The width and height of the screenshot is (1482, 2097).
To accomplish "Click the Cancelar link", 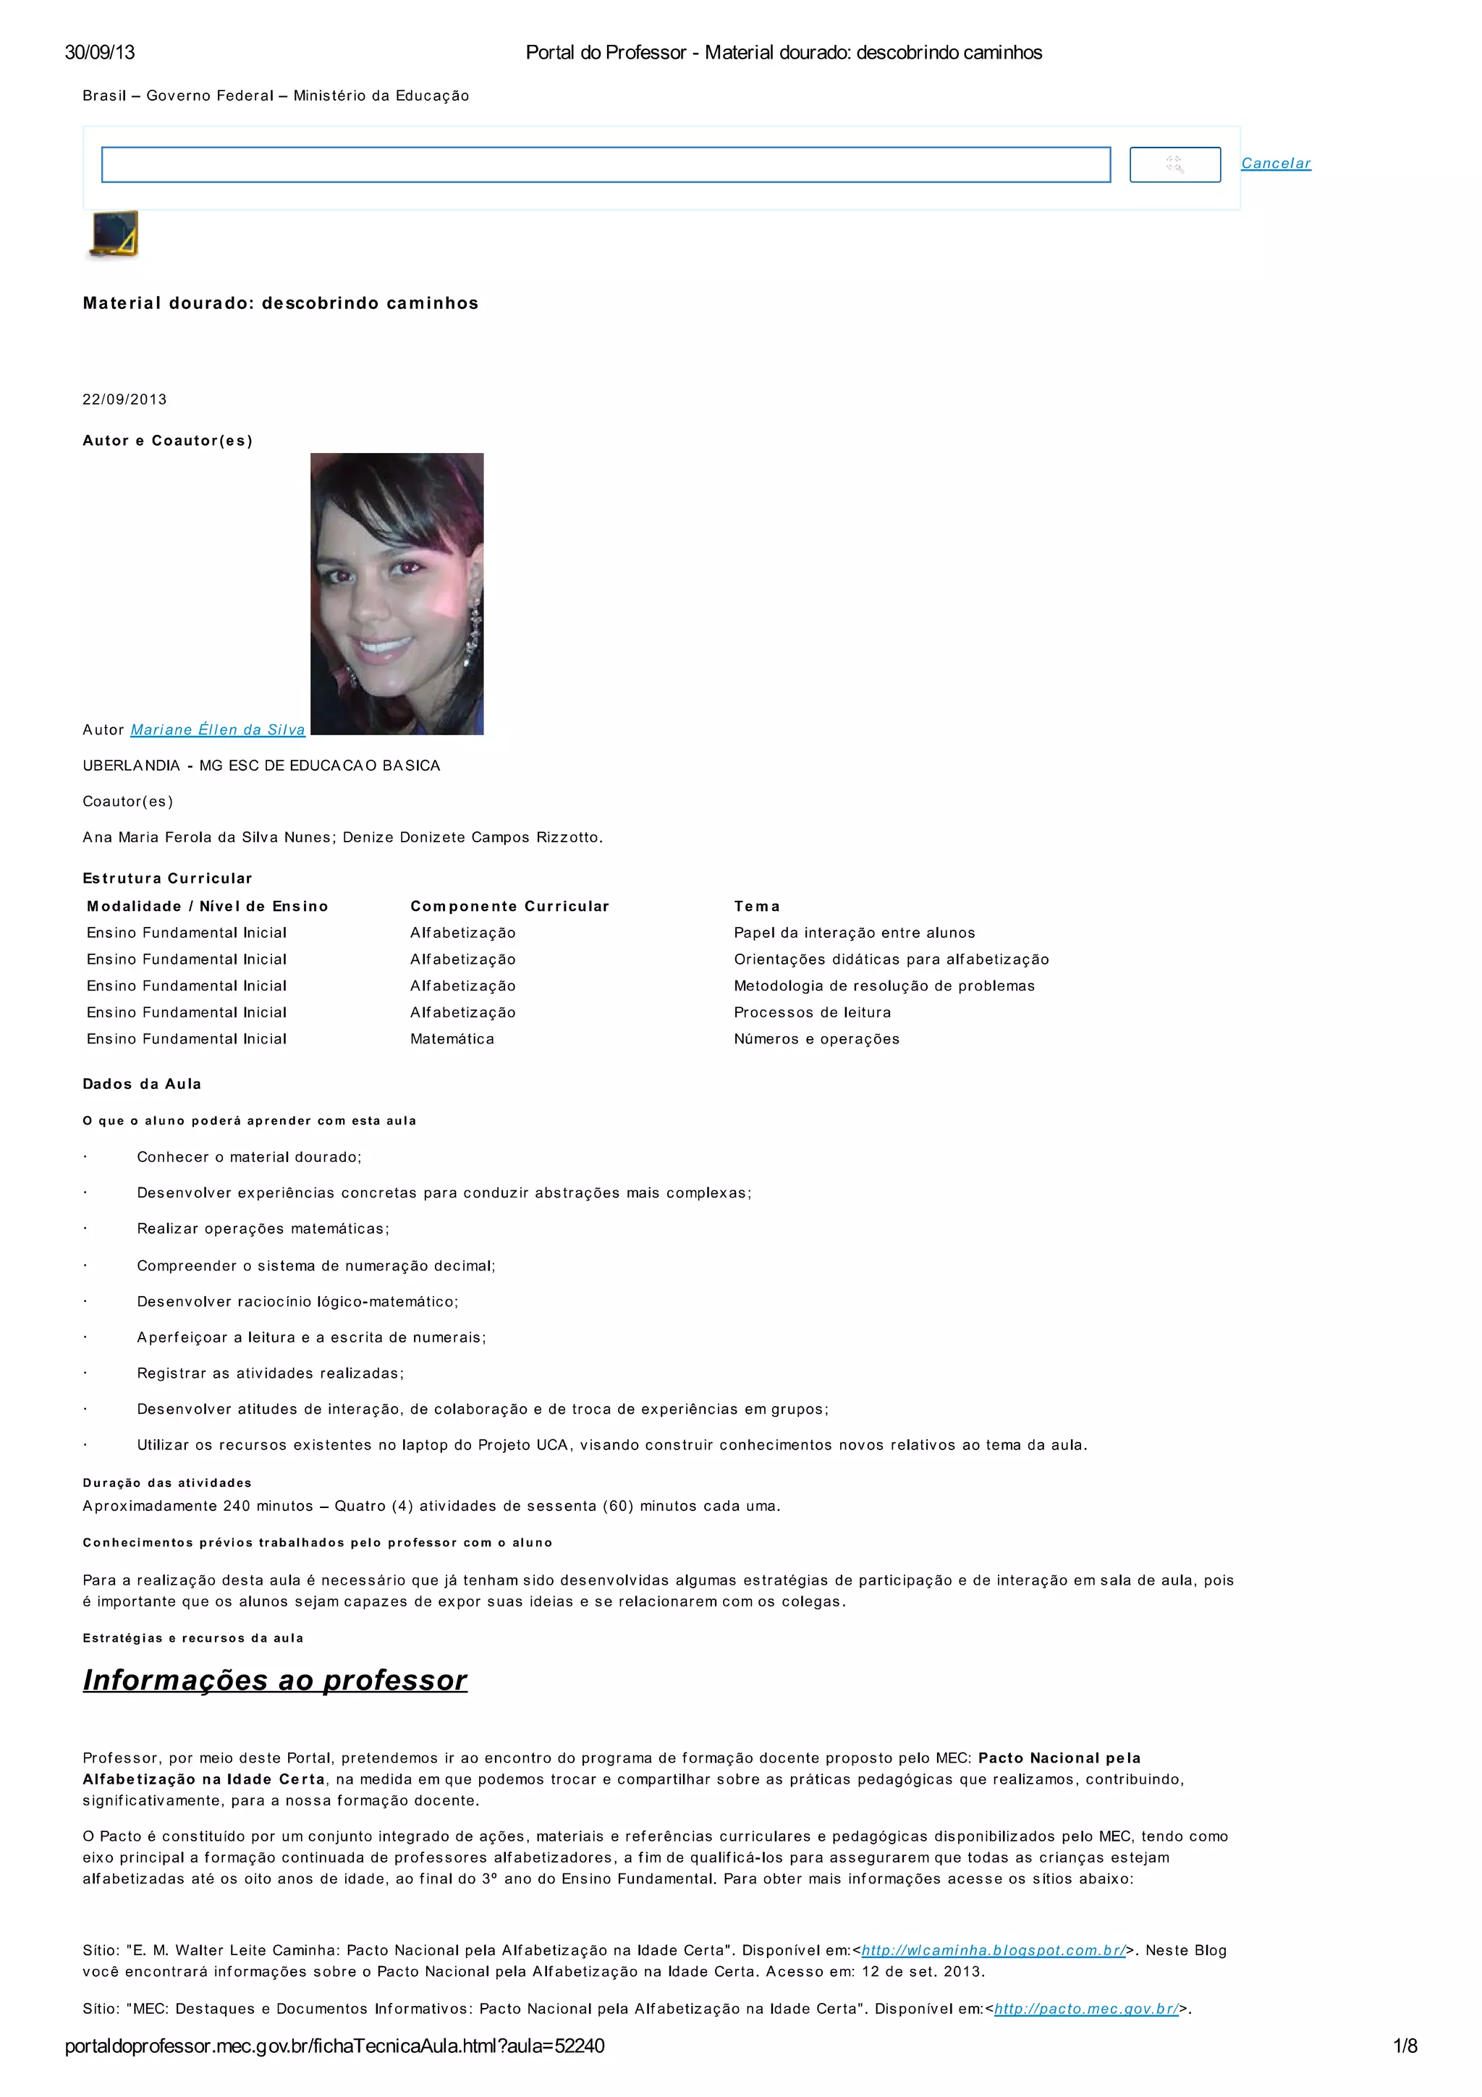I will click(x=1275, y=164).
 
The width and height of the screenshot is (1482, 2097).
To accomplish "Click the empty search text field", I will click(x=606, y=164).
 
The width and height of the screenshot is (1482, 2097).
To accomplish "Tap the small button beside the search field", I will click(x=1174, y=164).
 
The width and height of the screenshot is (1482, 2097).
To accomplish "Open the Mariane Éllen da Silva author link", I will click(x=217, y=729).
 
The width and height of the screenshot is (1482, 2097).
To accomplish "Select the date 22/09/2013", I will click(x=125, y=399).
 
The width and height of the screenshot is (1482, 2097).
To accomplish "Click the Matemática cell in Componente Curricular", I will click(x=452, y=1038).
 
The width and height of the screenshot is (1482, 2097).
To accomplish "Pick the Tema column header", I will click(x=756, y=906).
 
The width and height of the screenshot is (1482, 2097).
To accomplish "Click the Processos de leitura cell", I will click(x=812, y=1012).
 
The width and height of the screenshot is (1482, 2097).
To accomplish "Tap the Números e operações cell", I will click(x=816, y=1038).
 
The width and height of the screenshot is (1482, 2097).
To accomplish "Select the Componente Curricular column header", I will click(x=509, y=906).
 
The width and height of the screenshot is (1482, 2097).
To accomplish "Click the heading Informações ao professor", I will click(x=275, y=1679).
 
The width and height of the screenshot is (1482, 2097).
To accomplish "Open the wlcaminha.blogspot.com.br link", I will click(x=994, y=1950).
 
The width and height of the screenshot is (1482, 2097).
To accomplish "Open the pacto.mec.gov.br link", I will click(x=1085, y=2009).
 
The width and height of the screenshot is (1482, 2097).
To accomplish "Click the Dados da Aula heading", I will click(x=142, y=1084).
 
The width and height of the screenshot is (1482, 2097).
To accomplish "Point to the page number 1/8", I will click(x=1405, y=2046).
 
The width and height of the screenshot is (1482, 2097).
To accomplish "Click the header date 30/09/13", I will click(x=100, y=52).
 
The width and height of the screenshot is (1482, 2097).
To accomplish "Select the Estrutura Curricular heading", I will click(x=167, y=878).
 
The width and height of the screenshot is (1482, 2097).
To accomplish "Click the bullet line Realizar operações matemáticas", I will click(x=263, y=1229).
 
